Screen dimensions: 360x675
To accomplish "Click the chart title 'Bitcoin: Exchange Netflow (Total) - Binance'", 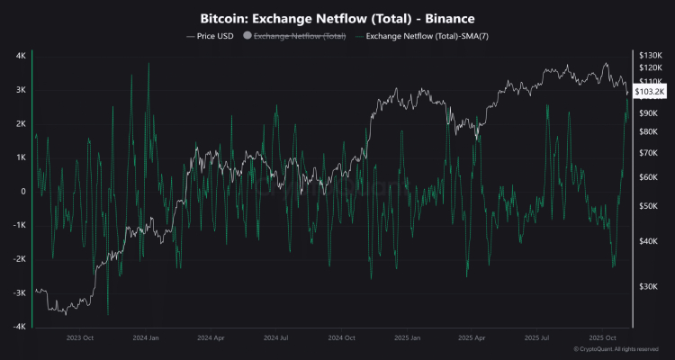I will (x=337, y=18).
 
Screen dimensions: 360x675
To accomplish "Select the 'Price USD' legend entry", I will (x=212, y=36).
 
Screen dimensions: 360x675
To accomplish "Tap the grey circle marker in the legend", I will (x=247, y=36).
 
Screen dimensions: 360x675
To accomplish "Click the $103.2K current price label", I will (x=650, y=92).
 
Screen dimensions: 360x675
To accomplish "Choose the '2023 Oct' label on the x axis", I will (x=80, y=338).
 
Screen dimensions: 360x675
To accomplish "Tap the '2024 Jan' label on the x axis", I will (x=145, y=338).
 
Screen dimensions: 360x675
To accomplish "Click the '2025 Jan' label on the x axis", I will (x=407, y=338).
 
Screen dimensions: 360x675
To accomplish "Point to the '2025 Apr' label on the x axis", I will (x=472, y=338).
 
